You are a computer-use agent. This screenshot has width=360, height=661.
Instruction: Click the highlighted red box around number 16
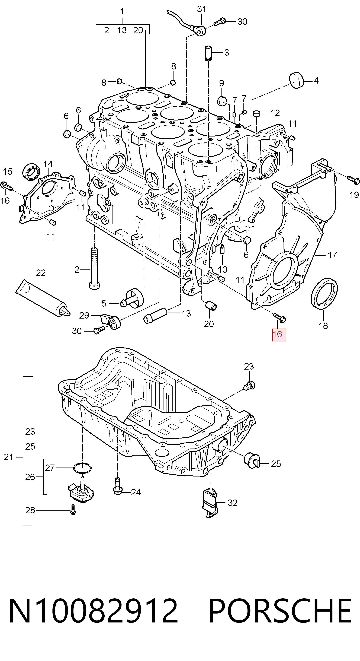tap(279, 334)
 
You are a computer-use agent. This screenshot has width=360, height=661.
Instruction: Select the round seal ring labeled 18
tap(324, 294)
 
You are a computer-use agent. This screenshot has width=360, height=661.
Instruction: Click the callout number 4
tap(316, 81)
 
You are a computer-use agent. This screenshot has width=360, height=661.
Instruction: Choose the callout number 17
tap(332, 255)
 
